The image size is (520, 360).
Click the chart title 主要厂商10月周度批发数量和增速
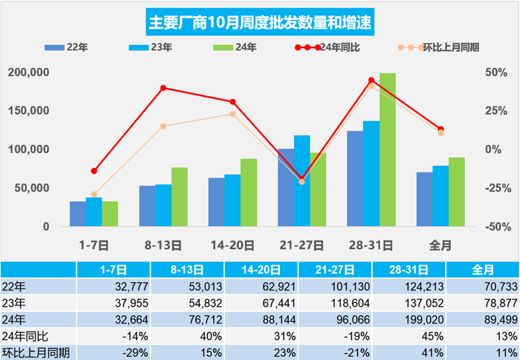click(x=260, y=23)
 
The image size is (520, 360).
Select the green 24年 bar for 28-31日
click(x=387, y=150)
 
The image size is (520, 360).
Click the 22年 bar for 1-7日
click(x=77, y=214)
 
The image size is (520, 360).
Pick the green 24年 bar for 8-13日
click(x=179, y=197)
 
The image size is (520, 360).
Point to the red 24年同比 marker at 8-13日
click(x=163, y=88)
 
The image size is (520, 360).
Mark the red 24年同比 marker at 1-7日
click(x=94, y=171)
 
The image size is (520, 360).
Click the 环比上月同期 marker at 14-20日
click(x=232, y=114)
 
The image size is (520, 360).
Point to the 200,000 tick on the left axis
click(x=29, y=72)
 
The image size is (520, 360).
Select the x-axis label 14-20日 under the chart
click(x=232, y=245)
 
